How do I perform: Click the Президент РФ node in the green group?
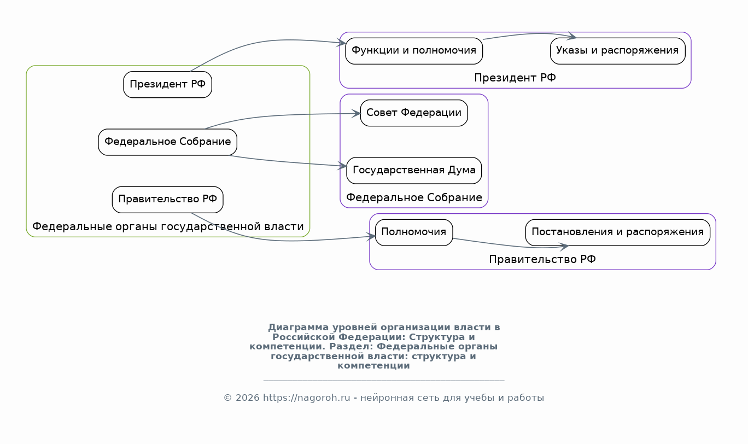167,85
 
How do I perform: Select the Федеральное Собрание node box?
167,142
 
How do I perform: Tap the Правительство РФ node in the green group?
167,200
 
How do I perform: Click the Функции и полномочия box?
414,51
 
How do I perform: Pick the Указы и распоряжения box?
617,51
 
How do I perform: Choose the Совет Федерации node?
414,113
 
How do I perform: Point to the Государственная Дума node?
414,171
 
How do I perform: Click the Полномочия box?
414,232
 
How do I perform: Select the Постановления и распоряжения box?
617,232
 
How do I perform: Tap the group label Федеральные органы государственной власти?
168,226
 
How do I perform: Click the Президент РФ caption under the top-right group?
515,78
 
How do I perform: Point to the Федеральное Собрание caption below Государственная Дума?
414,197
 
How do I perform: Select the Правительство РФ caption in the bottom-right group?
542,259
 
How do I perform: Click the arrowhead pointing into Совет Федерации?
356,114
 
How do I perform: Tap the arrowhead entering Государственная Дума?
343,166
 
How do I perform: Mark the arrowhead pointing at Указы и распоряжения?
572,37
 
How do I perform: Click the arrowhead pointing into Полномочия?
371,237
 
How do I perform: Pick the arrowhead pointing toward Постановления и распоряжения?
564,247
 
